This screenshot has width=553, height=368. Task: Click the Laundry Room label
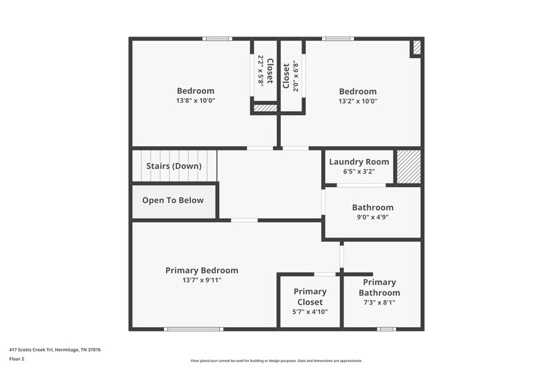tap(359, 162)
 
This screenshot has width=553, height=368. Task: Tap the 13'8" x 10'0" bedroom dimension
tap(196, 101)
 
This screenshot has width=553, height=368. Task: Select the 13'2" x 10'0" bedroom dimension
tap(357, 101)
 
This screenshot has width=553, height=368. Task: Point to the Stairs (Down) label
tap(174, 166)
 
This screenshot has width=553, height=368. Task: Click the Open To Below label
tap(173, 200)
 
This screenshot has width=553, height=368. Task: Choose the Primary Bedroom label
tap(202, 270)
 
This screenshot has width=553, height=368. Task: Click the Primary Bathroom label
tap(379, 287)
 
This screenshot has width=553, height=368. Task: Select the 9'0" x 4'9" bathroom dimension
tap(373, 217)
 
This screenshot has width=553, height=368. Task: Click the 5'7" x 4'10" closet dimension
tap(310, 311)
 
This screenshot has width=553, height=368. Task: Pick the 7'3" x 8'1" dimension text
tap(379, 302)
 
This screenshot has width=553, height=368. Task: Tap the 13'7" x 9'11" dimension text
tap(202, 280)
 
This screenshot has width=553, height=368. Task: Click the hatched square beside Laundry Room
tap(408, 166)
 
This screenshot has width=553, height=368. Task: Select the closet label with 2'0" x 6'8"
tap(285, 76)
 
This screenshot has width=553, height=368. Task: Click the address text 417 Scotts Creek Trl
tap(55, 349)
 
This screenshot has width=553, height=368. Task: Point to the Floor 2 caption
tap(17, 359)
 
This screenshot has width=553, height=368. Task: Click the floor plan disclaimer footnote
tap(276, 360)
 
